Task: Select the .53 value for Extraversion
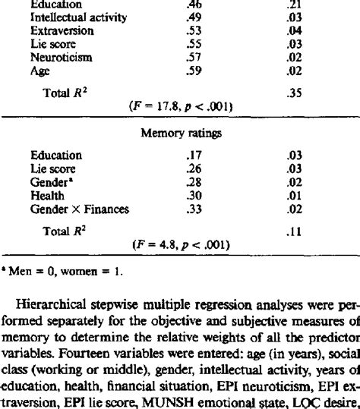[194, 31]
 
